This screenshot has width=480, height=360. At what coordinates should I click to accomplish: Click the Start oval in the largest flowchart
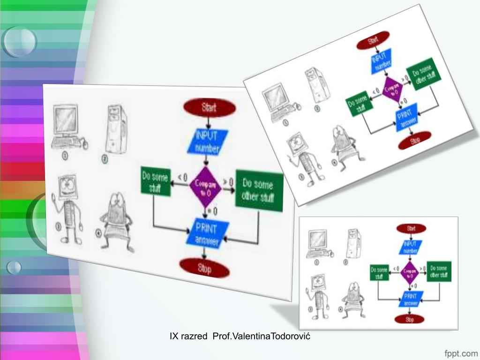(209, 107)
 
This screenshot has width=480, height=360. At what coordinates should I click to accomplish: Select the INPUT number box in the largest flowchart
(207, 142)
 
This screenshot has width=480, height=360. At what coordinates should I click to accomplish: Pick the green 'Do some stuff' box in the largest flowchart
(154, 182)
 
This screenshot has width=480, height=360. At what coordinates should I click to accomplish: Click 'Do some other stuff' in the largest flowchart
(259, 191)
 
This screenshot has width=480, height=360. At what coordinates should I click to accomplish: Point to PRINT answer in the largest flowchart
(206, 233)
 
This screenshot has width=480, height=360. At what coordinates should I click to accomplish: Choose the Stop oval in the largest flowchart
(204, 268)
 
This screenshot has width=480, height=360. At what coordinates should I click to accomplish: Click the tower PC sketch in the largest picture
(115, 129)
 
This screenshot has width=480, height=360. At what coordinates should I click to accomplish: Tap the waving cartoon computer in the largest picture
(67, 207)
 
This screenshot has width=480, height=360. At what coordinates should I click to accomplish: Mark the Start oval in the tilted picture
(373, 40)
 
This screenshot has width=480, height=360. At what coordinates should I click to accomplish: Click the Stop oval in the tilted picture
(414, 140)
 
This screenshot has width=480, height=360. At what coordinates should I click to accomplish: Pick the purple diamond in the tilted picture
(392, 90)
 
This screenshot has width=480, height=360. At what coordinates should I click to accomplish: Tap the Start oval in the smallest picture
(411, 228)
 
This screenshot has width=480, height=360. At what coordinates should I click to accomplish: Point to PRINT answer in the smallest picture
(411, 299)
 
